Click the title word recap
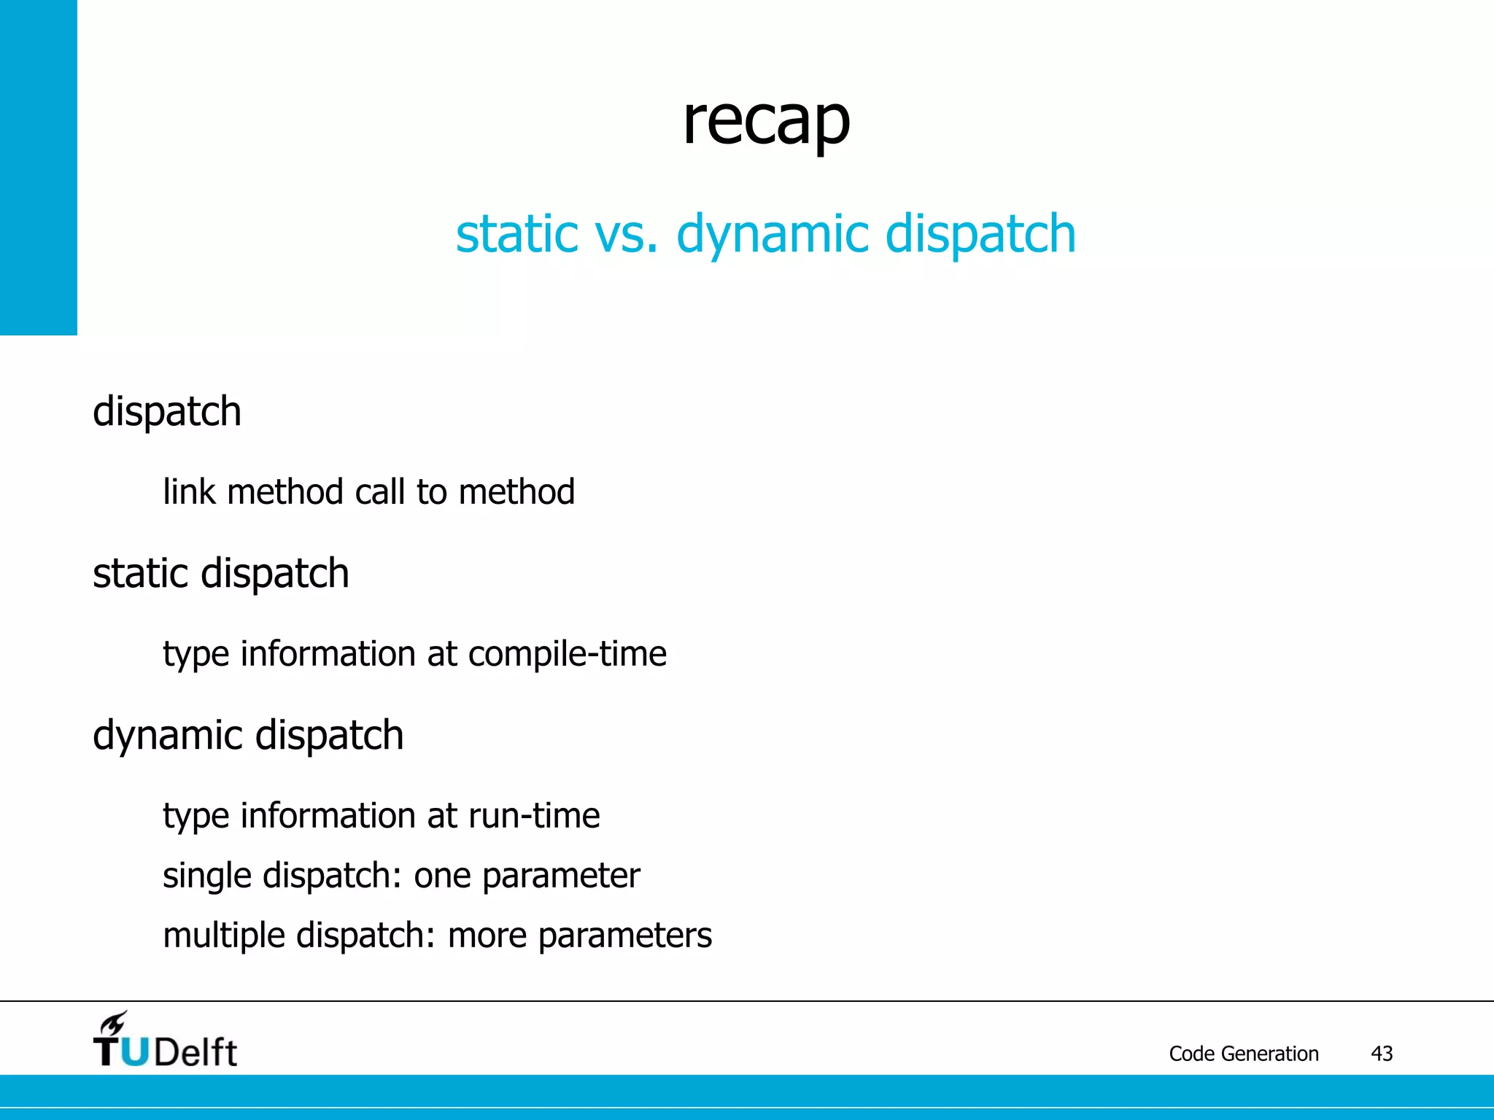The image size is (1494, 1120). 766,122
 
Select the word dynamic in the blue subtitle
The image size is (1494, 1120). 773,235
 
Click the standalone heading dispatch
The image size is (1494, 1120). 167,412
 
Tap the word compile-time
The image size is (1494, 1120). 567,654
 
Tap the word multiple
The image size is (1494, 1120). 222,936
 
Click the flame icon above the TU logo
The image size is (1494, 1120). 114,1023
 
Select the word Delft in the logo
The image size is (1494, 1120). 196,1052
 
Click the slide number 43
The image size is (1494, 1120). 1382,1054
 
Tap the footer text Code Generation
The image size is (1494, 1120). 1243,1054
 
